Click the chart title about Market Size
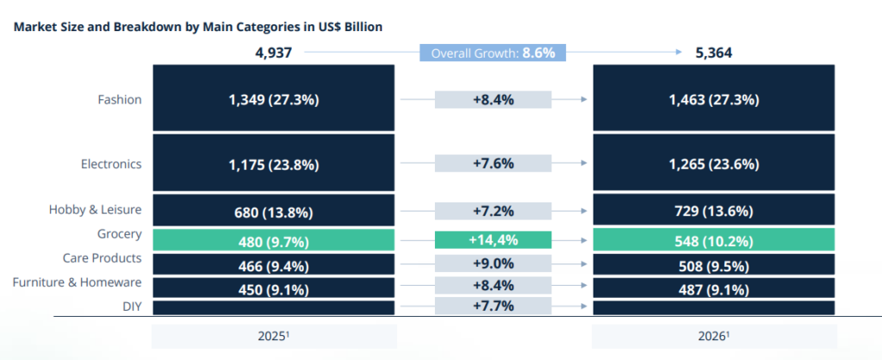[x=198, y=27]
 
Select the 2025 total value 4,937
[x=274, y=53]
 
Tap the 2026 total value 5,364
[x=713, y=53]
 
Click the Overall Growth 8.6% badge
[x=493, y=53]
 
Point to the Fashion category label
[x=120, y=99]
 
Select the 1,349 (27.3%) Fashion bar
[x=274, y=99]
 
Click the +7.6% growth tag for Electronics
[x=493, y=163]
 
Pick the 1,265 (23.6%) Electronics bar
[x=713, y=163]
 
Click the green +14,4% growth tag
[x=493, y=239]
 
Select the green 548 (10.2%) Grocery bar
[x=713, y=239]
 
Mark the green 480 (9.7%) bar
[x=274, y=240]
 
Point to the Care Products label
[x=102, y=258]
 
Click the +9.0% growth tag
[x=493, y=264]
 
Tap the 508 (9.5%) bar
[x=713, y=264]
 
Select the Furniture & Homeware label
[x=78, y=282]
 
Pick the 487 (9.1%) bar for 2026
[x=713, y=289]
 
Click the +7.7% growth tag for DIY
[x=493, y=306]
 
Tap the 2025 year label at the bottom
[x=274, y=335]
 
